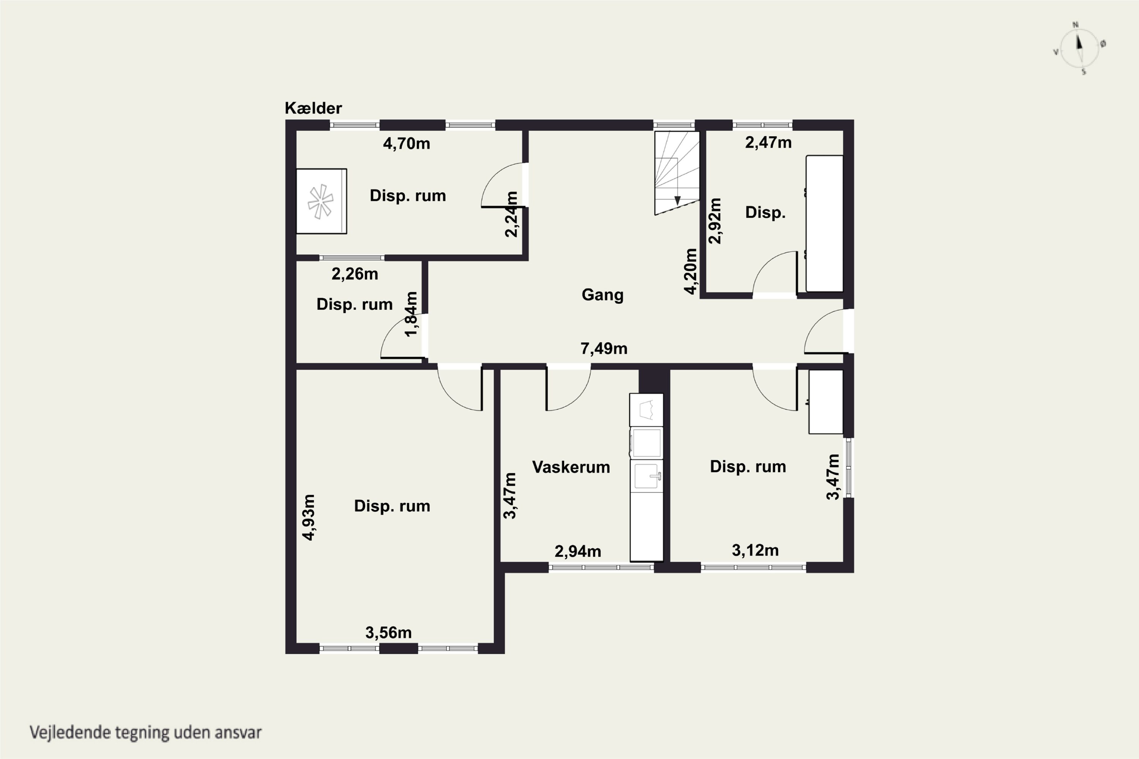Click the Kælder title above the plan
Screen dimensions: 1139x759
[x=313, y=108]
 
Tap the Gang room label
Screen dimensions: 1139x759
[x=603, y=295]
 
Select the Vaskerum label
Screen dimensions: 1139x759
[x=571, y=467]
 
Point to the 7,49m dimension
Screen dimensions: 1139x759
[x=604, y=348]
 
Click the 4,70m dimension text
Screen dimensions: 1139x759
[x=406, y=144]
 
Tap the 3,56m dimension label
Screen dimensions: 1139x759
[x=388, y=633]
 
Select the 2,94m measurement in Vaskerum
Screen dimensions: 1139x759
[x=578, y=551]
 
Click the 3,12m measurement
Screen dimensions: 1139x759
[x=755, y=550]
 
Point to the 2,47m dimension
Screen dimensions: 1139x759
[x=768, y=143]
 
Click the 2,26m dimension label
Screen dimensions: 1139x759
[x=355, y=274]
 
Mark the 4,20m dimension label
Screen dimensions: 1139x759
[x=691, y=271]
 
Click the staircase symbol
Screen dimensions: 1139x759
[x=677, y=173]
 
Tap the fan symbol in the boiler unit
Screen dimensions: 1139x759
[x=320, y=202]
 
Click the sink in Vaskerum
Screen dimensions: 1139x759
[x=647, y=476]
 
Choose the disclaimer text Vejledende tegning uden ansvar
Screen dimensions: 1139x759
[x=146, y=732]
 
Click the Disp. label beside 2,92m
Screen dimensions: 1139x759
[x=765, y=213]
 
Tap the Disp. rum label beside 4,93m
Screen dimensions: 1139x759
[x=392, y=506]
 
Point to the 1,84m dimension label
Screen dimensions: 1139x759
[x=411, y=314]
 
